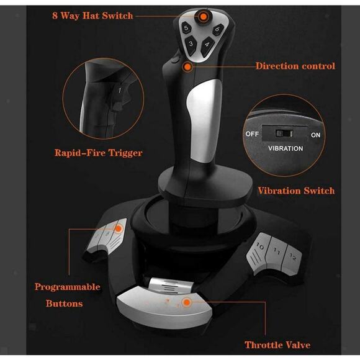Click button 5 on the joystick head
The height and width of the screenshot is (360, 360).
click(185, 29)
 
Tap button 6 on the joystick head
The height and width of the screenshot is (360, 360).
click(217, 30)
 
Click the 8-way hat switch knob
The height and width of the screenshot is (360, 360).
click(202, 16)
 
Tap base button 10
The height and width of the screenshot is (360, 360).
click(260, 248)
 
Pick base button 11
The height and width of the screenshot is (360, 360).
click(277, 253)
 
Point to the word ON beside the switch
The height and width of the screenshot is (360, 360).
click(315, 135)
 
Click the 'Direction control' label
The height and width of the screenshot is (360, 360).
click(295, 65)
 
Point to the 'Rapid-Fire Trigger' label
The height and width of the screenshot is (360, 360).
click(98, 153)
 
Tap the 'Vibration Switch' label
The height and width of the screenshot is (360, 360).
click(295, 191)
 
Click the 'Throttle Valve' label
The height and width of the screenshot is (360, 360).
click(277, 344)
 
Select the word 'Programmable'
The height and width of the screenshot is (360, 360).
click(67, 287)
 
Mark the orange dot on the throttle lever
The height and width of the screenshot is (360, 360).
click(185, 302)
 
